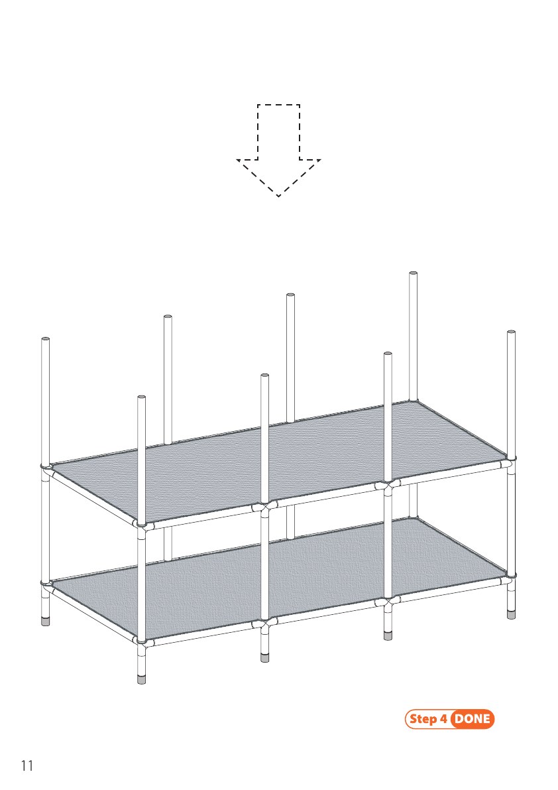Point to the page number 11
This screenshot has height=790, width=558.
coord(27,766)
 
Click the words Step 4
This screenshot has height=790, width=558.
coord(428,719)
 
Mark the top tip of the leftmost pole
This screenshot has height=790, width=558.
coord(45,338)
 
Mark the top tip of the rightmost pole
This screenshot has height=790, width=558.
coord(511,332)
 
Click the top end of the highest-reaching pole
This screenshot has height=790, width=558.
coord(413,273)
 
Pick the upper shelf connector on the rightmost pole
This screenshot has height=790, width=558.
coord(511,460)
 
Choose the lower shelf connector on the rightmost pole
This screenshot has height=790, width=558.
coord(511,578)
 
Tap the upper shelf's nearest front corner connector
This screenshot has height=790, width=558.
coord(142,525)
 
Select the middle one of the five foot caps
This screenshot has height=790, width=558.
coord(264,657)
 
